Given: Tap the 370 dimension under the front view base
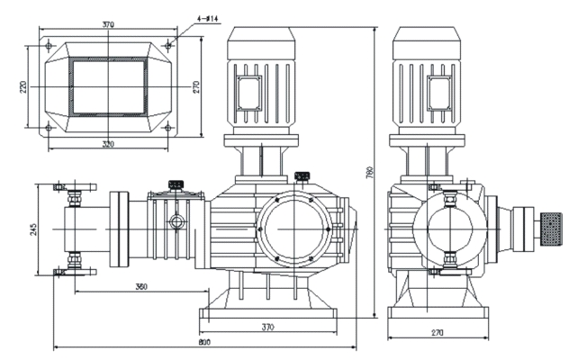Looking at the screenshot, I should click(x=267, y=328).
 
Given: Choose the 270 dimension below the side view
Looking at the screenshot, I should click(x=438, y=333).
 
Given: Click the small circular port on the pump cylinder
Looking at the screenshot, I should click(x=181, y=220).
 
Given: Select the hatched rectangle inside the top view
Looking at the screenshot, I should click(x=109, y=85).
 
